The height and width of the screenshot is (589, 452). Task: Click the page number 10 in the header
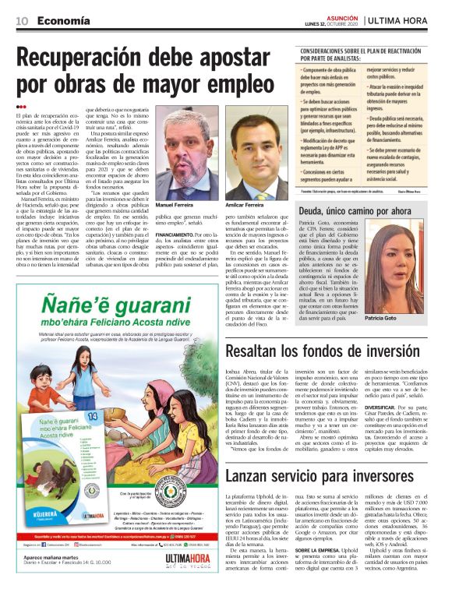[x=22, y=20]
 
